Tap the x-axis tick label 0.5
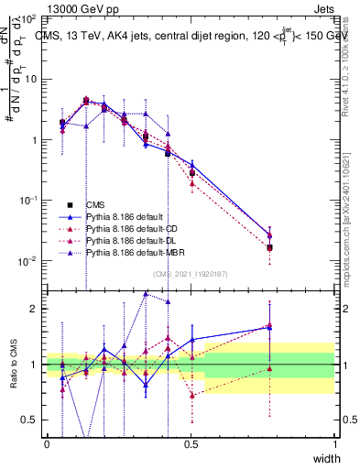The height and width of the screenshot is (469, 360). click(x=191, y=443)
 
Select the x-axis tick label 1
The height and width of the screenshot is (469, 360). click(x=335, y=443)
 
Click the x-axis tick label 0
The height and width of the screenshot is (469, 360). click(x=47, y=443)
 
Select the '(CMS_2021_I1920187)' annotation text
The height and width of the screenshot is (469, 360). click(x=191, y=274)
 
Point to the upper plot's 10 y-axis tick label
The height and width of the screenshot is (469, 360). click(x=32, y=80)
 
